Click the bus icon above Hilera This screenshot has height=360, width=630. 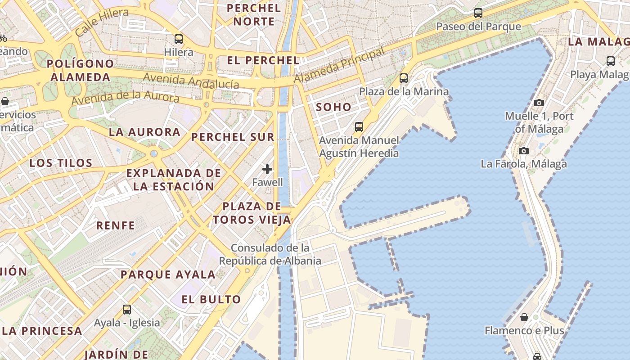[179, 39]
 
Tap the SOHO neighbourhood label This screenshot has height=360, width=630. [333, 107]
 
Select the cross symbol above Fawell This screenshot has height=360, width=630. [267, 169]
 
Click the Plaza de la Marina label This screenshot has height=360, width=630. [404, 92]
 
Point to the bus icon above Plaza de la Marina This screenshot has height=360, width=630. [404, 78]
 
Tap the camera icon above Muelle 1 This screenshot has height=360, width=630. [539, 103]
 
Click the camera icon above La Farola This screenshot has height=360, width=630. [523, 151]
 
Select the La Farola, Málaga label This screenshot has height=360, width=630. [524, 164]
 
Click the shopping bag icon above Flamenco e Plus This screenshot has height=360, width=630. [524, 317]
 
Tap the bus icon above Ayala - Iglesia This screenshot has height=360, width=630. [127, 310]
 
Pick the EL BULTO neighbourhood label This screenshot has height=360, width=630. [211, 299]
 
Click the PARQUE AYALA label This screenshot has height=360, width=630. [168, 274]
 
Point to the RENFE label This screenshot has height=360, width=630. [116, 225]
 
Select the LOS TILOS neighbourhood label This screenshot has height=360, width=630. [61, 163]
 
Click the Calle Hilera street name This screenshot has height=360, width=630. [102, 22]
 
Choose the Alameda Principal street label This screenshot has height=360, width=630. [340, 65]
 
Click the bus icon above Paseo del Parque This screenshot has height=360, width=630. [478, 13]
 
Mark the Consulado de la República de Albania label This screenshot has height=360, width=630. [270, 254]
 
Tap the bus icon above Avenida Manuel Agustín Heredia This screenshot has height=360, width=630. [359, 127]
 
